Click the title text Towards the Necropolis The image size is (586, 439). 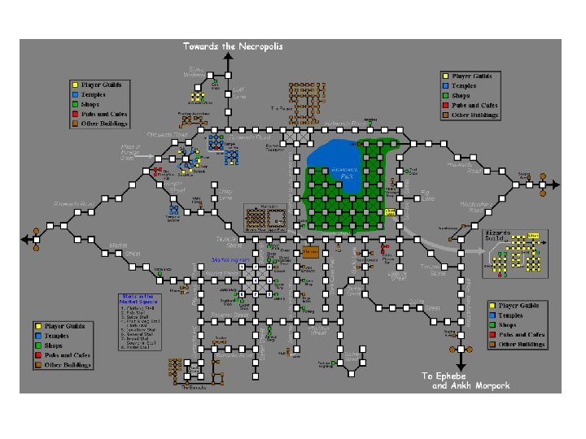coord(234,46)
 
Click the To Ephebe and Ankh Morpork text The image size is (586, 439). coord(465,380)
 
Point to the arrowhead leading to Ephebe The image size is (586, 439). coord(461,363)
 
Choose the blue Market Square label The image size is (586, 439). coord(230,260)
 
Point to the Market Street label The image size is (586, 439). coord(120,249)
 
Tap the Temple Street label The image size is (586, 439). coord(173,186)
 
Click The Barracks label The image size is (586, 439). coord(193,387)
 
